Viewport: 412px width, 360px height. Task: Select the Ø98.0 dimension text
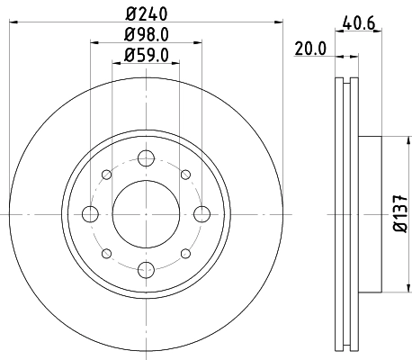pyautogui.click(x=146, y=39)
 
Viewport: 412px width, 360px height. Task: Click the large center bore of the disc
pyautogui.click(x=146, y=214)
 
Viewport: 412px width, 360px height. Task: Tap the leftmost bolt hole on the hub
pyautogui.click(x=90, y=214)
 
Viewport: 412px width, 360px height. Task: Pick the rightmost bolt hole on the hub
pyautogui.click(x=202, y=214)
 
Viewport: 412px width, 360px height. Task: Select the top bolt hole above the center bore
pyautogui.click(x=146, y=158)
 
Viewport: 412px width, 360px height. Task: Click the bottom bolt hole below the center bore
pyautogui.click(x=146, y=269)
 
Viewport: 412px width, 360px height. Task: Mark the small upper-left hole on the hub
pyautogui.click(x=106, y=175)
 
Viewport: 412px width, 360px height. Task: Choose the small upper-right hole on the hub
pyautogui.click(x=185, y=175)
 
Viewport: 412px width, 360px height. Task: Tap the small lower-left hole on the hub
pyautogui.click(x=106, y=254)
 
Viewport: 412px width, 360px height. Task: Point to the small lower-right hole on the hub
pyautogui.click(x=185, y=254)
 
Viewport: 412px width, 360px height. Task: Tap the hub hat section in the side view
pyautogui.click(x=371, y=214)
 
